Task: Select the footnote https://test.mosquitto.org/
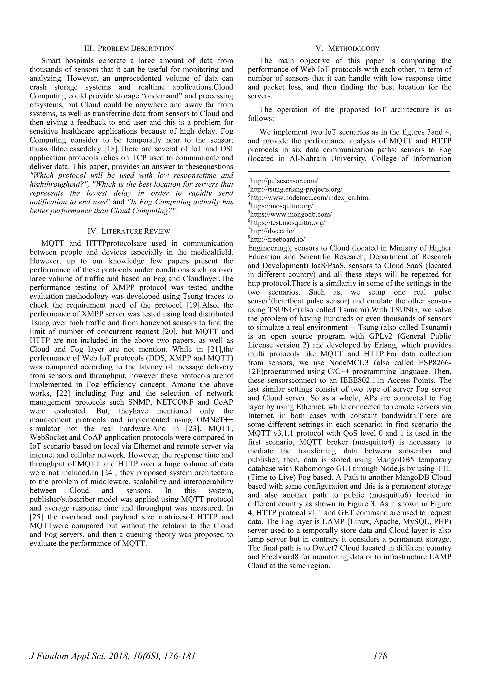click(x=287, y=222)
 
